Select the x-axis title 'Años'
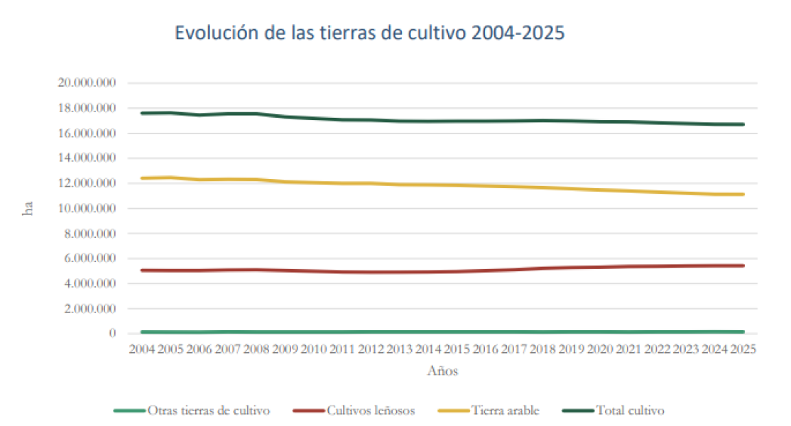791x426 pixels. click(442, 371)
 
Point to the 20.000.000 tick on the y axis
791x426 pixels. click(87, 83)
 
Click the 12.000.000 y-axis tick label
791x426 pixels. click(87, 183)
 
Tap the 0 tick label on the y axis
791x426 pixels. click(113, 334)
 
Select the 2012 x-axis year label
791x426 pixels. click(370, 349)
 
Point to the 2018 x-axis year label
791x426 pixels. click(542, 349)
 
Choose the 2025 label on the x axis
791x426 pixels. click(743, 349)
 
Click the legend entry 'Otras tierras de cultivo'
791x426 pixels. click(208, 410)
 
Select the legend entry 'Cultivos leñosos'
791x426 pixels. click(370, 410)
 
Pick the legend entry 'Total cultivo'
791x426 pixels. click(630, 410)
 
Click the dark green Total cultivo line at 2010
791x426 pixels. click(312, 118)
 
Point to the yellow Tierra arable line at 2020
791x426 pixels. click(599, 190)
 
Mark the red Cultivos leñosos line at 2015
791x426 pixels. click(456, 271)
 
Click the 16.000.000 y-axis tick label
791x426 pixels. click(87, 133)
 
